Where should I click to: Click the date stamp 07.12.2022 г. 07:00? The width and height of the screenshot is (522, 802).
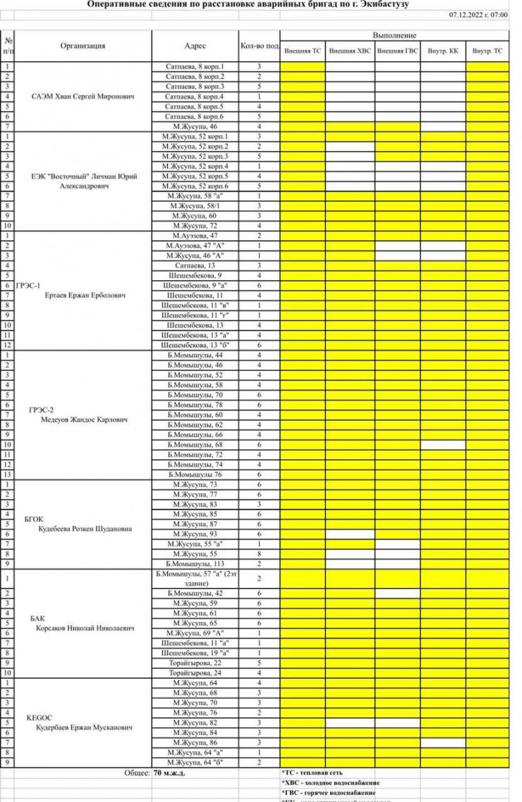click(478, 14)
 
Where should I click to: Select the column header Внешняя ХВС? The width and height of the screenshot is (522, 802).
click(349, 51)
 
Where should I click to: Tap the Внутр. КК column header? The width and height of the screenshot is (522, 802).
click(443, 51)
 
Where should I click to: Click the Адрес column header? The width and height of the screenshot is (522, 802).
click(195, 46)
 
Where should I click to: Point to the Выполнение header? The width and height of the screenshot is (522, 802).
click(394, 35)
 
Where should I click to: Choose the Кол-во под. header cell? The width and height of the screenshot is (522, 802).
click(258, 46)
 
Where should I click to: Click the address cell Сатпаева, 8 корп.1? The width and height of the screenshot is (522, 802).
click(195, 66)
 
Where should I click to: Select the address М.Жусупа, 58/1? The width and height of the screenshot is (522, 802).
click(195, 205)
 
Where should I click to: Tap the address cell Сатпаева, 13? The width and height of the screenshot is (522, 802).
click(195, 265)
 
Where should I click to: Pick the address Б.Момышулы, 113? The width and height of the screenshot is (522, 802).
click(195, 564)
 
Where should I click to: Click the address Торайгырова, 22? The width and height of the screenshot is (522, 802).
click(195, 663)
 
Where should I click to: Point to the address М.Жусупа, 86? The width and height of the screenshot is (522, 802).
click(195, 743)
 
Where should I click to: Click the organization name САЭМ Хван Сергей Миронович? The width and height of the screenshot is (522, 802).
click(83, 96)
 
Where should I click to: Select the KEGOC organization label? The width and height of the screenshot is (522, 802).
click(36, 717)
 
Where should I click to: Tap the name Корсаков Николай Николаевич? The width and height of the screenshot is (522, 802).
click(85, 627)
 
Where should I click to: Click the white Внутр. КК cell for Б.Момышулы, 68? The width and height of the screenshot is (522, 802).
click(443, 445)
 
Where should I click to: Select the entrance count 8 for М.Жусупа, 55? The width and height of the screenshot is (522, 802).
click(259, 554)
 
